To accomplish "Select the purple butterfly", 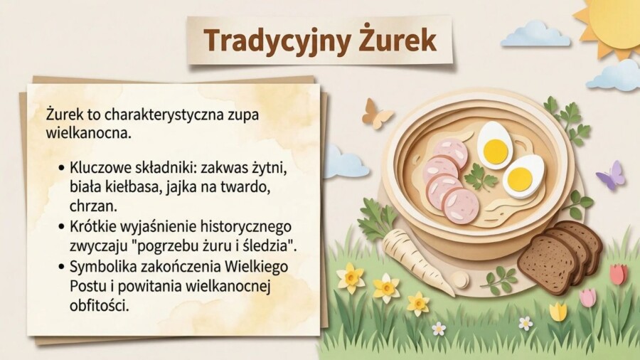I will (611, 175).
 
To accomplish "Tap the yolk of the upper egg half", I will (495, 149).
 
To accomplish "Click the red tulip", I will (617, 274).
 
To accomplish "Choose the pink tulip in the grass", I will (587, 297).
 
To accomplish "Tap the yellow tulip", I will (558, 311).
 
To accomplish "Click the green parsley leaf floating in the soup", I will (481, 178).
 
